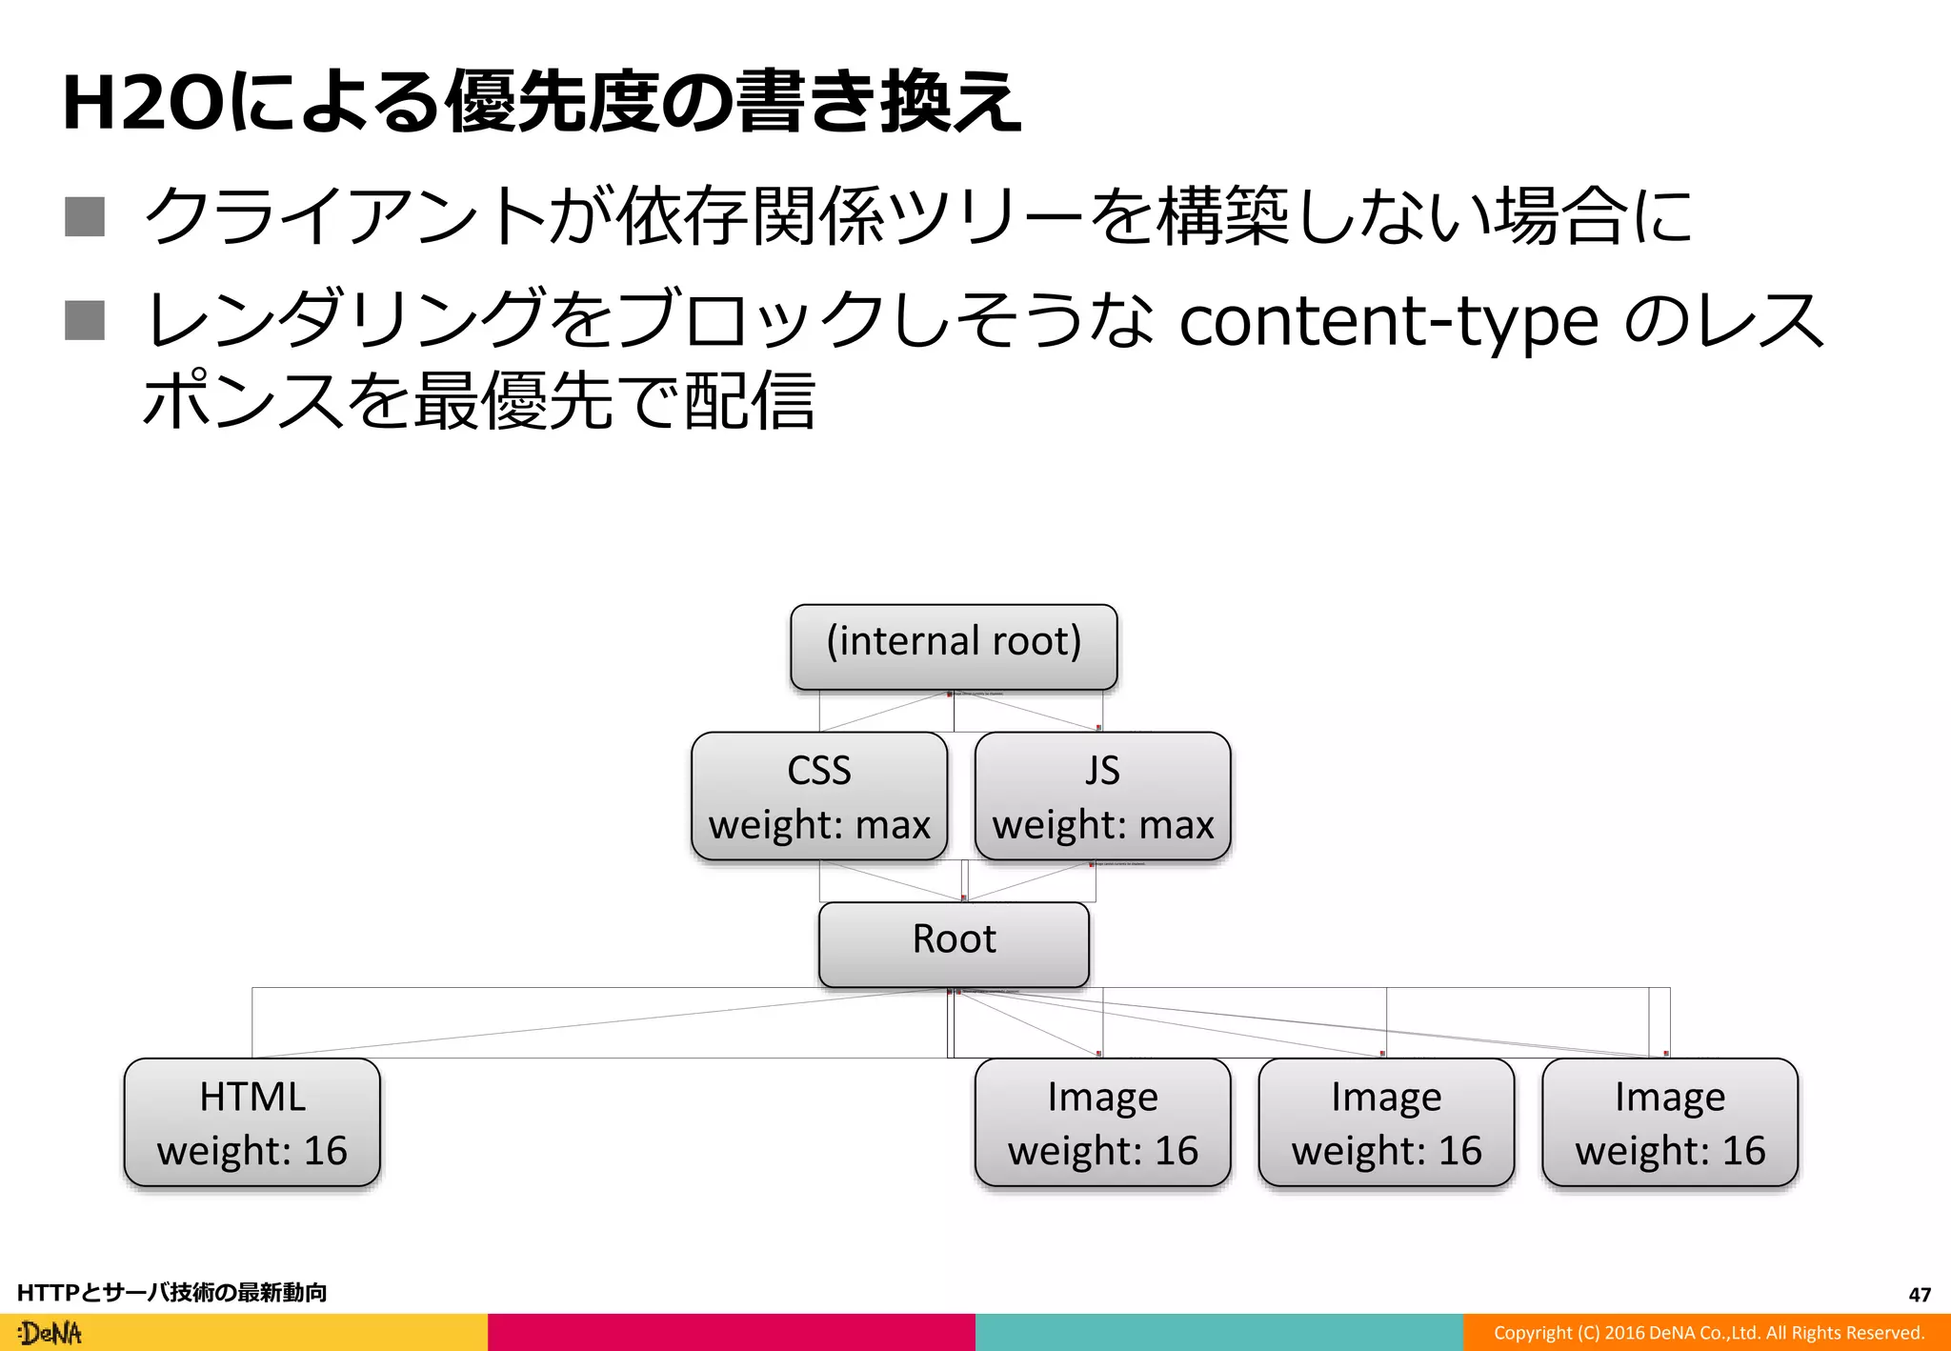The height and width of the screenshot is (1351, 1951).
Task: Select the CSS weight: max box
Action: [x=819, y=796]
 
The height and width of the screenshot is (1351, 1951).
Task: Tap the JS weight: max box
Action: [x=1102, y=796]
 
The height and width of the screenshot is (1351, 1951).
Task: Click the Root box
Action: [x=954, y=943]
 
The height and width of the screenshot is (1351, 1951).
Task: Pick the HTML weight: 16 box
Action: [x=252, y=1122]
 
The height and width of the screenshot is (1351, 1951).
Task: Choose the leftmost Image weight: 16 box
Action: [x=1102, y=1122]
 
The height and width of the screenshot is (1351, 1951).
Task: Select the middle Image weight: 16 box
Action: [x=1386, y=1122]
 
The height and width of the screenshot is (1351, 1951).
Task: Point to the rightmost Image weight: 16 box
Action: [x=1670, y=1122]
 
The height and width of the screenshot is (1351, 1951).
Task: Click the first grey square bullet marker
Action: [x=85, y=216]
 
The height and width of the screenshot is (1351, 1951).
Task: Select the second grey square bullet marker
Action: [x=85, y=320]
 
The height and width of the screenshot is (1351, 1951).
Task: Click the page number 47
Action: [x=1920, y=1295]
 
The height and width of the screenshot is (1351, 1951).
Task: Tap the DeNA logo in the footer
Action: [x=50, y=1333]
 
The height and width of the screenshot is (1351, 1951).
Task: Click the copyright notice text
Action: [x=1708, y=1333]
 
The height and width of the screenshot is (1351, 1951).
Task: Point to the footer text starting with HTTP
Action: [x=171, y=1293]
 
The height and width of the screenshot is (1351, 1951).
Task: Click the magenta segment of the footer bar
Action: [x=732, y=1333]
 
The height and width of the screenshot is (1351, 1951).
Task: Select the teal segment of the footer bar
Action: [x=1219, y=1333]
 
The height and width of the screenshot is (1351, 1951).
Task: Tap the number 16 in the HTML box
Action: [x=325, y=1151]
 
